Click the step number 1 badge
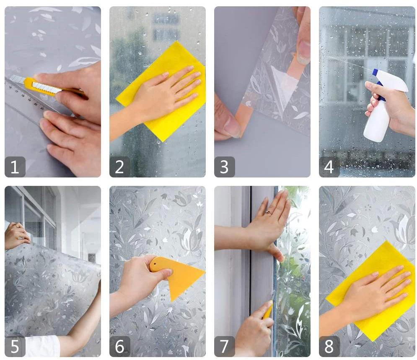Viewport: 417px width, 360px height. coord(15,167)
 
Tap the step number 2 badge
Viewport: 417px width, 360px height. coord(120,167)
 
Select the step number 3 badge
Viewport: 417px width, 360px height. coord(225,167)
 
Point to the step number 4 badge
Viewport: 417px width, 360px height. coord(329,167)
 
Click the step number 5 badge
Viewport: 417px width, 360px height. coord(15,347)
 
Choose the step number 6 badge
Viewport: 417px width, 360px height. coord(120,347)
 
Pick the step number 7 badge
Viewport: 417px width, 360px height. coord(225,347)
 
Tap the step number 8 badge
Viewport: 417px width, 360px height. coord(329,347)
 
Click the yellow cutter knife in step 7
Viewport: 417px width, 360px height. coord(268,310)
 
